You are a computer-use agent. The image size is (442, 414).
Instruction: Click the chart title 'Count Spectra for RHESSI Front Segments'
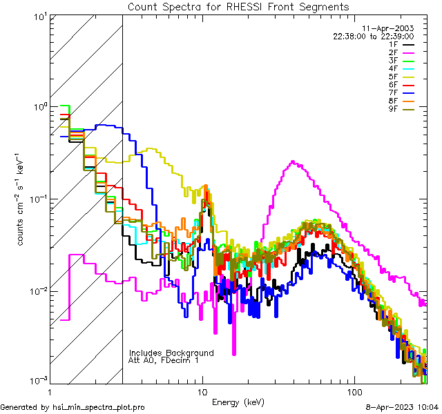[x=238, y=7]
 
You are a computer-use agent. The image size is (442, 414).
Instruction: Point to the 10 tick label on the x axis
[x=202, y=391]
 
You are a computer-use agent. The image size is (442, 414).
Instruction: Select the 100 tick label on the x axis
[x=354, y=391]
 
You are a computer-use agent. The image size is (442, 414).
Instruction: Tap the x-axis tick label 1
[x=50, y=391]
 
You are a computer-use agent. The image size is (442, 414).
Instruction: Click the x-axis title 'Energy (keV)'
[x=238, y=402]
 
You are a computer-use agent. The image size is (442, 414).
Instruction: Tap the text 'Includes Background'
[x=171, y=353]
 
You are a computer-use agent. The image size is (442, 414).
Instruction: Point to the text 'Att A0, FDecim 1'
[x=163, y=360]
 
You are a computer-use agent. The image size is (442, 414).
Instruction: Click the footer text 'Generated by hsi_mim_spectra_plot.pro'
[x=73, y=407]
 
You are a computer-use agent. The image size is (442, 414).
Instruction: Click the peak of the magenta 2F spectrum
[x=294, y=162]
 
